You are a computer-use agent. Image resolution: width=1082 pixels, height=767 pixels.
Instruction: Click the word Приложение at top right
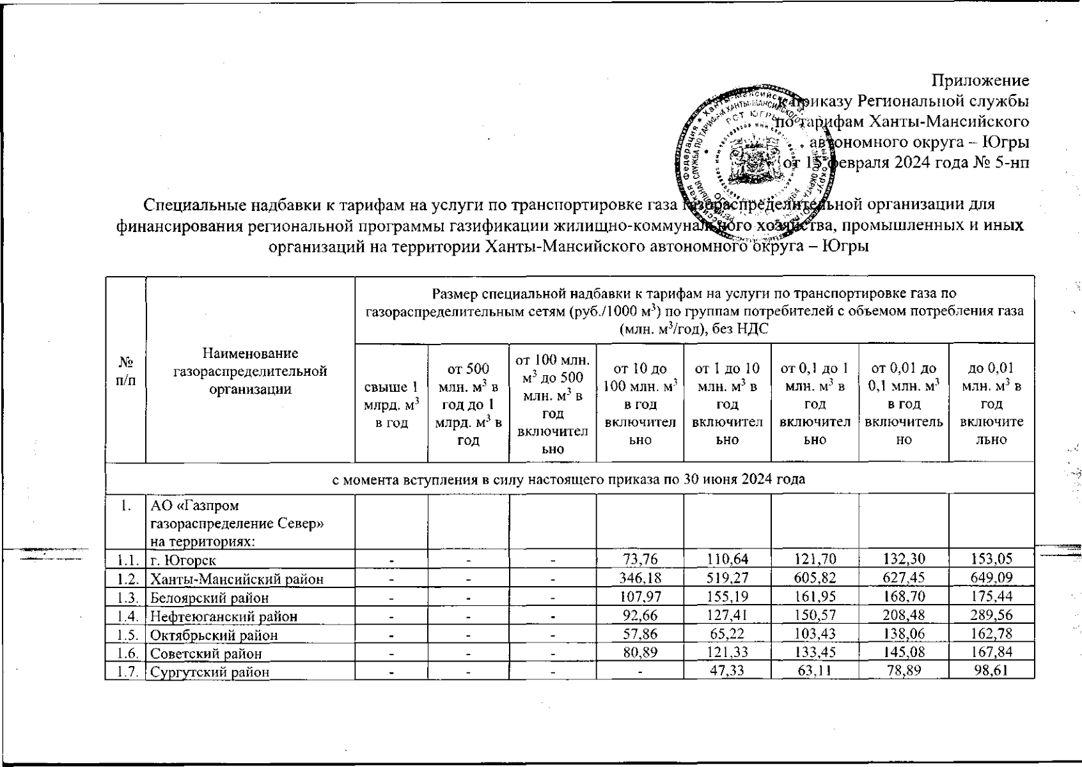980,81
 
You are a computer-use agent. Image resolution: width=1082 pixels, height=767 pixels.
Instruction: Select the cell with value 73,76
639,561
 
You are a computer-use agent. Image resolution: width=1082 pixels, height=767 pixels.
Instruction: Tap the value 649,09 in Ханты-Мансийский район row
991,579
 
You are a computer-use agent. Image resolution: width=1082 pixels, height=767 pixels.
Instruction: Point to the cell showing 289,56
991,616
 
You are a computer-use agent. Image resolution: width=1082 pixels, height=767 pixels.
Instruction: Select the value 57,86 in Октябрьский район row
639,635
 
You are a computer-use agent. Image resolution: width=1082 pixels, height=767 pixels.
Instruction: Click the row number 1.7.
127,672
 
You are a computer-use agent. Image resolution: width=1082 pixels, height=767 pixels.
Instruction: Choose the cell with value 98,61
991,672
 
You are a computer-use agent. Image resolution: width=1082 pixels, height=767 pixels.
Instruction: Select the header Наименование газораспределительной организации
250,371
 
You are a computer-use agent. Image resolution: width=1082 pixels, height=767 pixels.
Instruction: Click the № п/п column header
126,371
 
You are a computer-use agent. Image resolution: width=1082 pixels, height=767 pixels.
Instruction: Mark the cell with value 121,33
727,653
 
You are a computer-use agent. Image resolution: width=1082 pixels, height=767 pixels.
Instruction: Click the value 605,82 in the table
814,579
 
